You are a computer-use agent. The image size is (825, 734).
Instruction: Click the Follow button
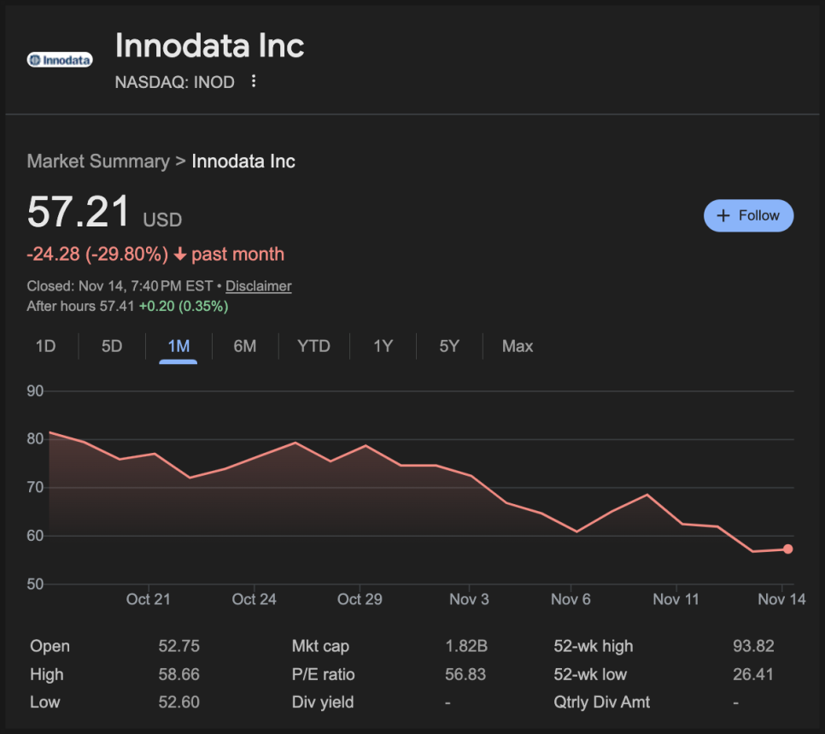click(748, 215)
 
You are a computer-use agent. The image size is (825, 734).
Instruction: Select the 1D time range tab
click(45, 346)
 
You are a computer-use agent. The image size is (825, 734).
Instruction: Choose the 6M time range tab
click(245, 346)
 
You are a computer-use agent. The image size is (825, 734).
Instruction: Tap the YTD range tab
click(313, 346)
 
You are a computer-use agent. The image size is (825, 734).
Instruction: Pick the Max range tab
click(518, 346)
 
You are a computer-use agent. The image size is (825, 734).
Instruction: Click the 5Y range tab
click(449, 346)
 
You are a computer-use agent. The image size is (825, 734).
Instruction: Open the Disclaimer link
click(258, 286)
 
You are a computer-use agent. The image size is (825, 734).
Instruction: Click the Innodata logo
click(60, 60)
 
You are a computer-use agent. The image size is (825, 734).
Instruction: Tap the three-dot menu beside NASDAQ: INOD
click(254, 82)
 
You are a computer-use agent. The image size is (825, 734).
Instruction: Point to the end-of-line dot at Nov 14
click(787, 549)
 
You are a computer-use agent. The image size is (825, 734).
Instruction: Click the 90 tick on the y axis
click(35, 391)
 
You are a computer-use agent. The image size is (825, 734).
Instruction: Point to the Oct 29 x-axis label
click(360, 599)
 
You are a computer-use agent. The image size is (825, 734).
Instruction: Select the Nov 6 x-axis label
click(570, 599)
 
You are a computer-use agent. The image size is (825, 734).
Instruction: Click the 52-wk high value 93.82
click(753, 646)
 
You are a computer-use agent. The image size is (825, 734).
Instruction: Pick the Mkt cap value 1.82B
click(465, 646)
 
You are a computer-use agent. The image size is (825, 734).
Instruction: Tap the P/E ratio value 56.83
click(465, 674)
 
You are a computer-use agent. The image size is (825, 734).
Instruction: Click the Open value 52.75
click(179, 646)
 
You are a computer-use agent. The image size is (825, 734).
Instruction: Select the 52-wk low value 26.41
click(753, 674)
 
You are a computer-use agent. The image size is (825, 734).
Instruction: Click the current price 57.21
click(79, 212)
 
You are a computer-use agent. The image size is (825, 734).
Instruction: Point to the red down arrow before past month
click(179, 255)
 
